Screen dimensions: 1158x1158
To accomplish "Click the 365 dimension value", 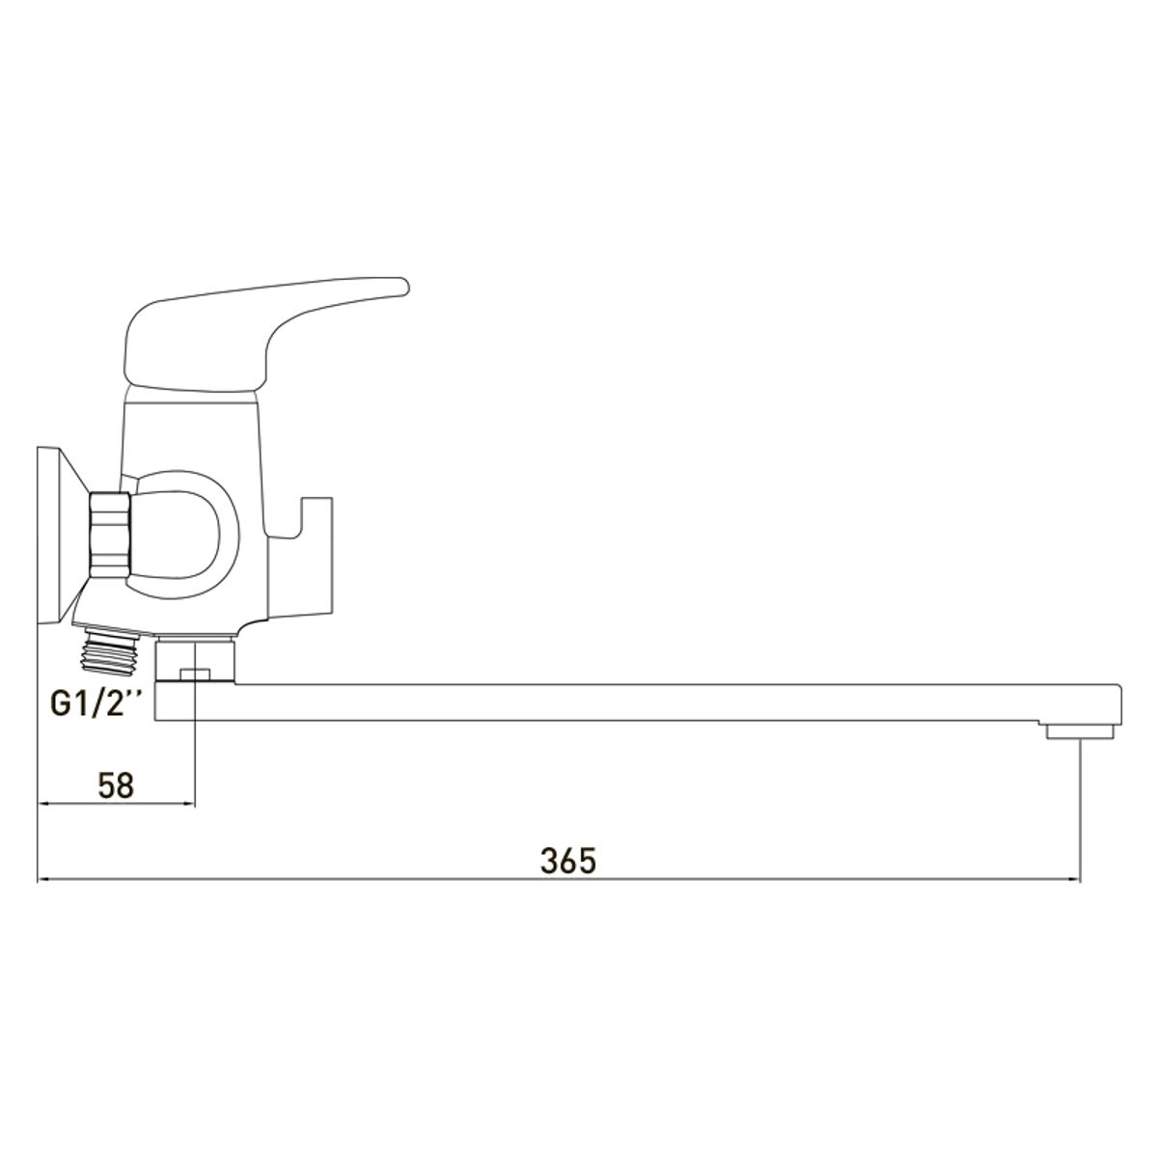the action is pyautogui.click(x=567, y=861).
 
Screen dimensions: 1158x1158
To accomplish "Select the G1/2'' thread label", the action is pyautogui.click(x=96, y=703).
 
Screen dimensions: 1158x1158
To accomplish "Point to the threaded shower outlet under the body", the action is pyautogui.click(x=112, y=648).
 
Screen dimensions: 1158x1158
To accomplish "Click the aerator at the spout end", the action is pyautogui.click(x=1079, y=731).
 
